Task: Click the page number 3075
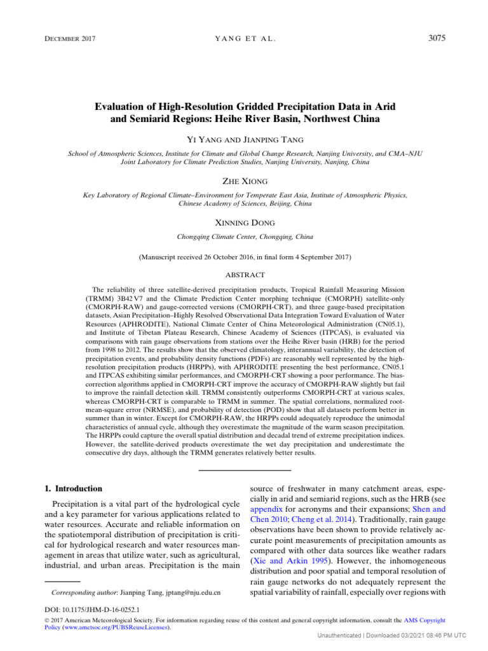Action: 436,38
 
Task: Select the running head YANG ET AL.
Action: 244,39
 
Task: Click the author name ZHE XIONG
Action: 244,182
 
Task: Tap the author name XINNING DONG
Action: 244,223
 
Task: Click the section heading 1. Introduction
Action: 71,488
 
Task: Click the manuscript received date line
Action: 244,257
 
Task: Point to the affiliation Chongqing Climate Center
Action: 244,236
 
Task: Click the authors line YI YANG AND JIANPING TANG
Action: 244,139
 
